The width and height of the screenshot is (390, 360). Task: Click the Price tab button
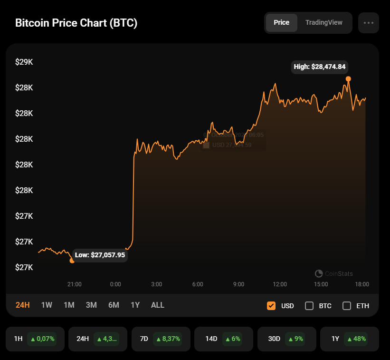point(281,23)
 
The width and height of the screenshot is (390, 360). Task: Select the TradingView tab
point(323,23)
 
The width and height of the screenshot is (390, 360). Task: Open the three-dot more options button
point(369,23)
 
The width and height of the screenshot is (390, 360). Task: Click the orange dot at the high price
point(348,79)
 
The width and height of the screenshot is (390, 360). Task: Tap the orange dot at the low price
point(72,260)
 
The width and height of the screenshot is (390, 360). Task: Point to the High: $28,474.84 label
point(319,67)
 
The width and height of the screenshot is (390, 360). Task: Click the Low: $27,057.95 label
point(100,255)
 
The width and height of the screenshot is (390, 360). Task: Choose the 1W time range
point(47,305)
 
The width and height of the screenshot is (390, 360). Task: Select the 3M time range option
point(91,305)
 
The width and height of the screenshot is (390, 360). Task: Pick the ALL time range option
point(158,305)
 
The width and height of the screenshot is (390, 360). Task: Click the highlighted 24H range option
point(23,305)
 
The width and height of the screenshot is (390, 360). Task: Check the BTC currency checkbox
point(309,306)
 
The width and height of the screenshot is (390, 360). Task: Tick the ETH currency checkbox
point(347,306)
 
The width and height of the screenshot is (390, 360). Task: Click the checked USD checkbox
point(271,306)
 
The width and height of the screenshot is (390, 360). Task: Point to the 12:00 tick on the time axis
point(280,284)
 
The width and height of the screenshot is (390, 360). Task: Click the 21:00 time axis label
point(75,284)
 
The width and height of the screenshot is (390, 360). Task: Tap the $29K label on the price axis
point(24,62)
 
